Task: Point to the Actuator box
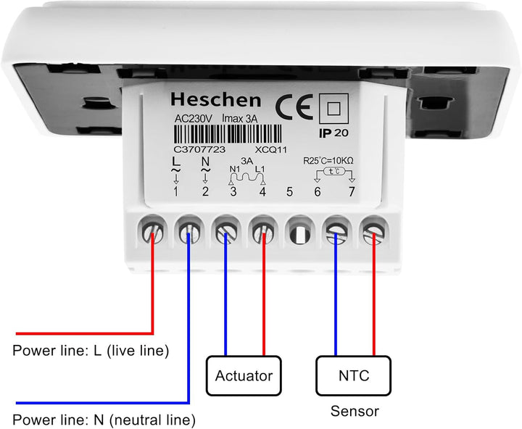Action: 244,375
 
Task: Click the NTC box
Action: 354,375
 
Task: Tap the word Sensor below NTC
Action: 355,412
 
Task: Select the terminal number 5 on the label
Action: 289,192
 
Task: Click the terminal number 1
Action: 175,192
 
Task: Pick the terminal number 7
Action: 352,192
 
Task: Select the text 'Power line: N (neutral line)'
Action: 104,420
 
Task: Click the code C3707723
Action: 200,149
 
